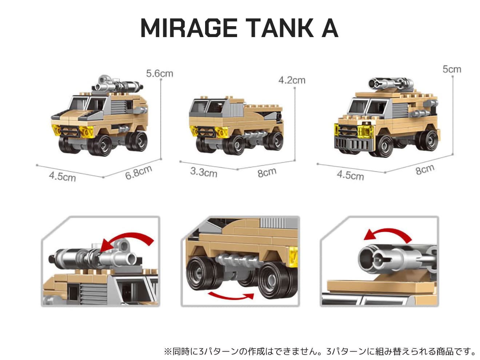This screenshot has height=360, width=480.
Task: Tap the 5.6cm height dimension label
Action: [x=159, y=73]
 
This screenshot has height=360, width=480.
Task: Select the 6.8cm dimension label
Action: [x=139, y=172]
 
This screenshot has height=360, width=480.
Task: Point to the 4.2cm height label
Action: [x=292, y=80]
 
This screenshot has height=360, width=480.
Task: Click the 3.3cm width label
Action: [x=204, y=172]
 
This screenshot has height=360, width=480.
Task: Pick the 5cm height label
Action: [x=452, y=69]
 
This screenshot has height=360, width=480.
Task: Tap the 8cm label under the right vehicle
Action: [x=425, y=169]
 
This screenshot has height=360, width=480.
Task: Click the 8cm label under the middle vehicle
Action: [x=267, y=173]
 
